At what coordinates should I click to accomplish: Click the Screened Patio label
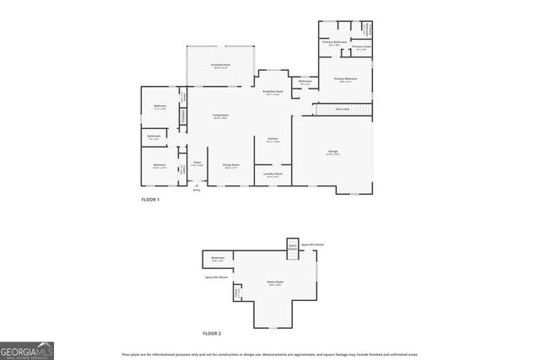[x=221, y=66]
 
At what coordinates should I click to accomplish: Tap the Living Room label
[x=221, y=116]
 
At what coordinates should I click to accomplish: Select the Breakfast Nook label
[x=273, y=92]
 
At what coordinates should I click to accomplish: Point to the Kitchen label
[x=273, y=139]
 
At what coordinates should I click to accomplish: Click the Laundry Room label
[x=273, y=175]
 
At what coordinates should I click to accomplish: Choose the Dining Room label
[x=231, y=165]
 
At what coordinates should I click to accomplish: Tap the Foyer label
[x=197, y=163]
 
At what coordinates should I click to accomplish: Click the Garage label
[x=333, y=153]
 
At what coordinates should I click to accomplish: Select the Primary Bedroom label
[x=345, y=79]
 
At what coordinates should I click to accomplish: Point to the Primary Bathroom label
[x=335, y=42]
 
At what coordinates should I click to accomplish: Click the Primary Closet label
[x=360, y=47]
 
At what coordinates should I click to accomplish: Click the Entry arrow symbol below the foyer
[x=197, y=185]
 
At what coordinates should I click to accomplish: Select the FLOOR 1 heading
[x=150, y=199]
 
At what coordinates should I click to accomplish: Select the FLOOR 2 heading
[x=212, y=334]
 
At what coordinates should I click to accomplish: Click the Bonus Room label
[x=275, y=282]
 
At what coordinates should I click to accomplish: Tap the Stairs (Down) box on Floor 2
[x=292, y=247]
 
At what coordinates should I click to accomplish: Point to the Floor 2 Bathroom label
[x=218, y=259]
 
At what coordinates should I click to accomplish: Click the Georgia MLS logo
[x=27, y=350]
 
